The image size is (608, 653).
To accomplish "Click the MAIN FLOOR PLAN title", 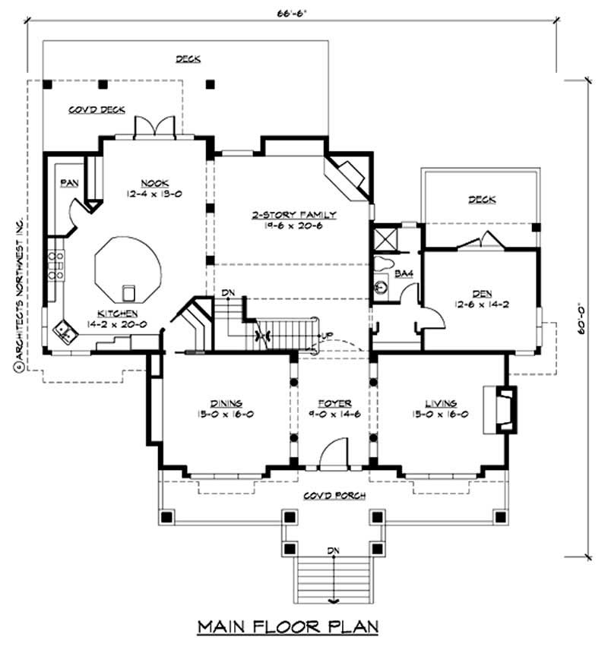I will (x=288, y=626).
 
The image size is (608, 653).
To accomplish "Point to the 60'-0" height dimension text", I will (x=581, y=318).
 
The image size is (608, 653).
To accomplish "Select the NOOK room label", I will (x=149, y=182).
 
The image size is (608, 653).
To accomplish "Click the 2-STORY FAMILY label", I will (x=294, y=215).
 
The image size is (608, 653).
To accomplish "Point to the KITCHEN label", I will (x=117, y=313).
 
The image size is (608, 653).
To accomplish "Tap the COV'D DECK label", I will (x=97, y=109).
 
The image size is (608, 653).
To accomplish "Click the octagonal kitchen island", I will (x=128, y=270).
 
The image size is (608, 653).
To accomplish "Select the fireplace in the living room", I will (x=503, y=409).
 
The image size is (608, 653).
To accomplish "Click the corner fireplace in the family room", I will (x=349, y=174).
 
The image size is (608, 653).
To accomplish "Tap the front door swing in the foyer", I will (x=331, y=453).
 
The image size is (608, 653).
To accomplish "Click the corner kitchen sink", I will (x=64, y=330).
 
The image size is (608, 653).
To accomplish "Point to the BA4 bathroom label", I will (x=404, y=274).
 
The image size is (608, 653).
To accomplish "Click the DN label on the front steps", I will (x=332, y=550).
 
